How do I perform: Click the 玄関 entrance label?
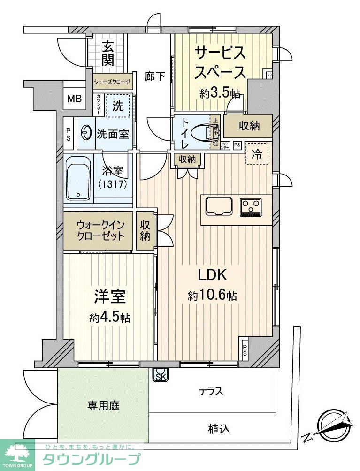click(108, 53)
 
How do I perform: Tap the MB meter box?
click(74, 99)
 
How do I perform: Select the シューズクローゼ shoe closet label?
click(112, 82)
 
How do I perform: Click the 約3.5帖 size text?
click(220, 93)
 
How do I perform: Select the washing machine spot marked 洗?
click(117, 106)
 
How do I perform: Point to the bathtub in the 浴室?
click(78, 180)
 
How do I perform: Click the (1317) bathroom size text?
click(113, 184)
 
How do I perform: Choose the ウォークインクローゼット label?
click(100, 230)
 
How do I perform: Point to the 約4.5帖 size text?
click(110, 318)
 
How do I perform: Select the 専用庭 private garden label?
click(103, 405)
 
